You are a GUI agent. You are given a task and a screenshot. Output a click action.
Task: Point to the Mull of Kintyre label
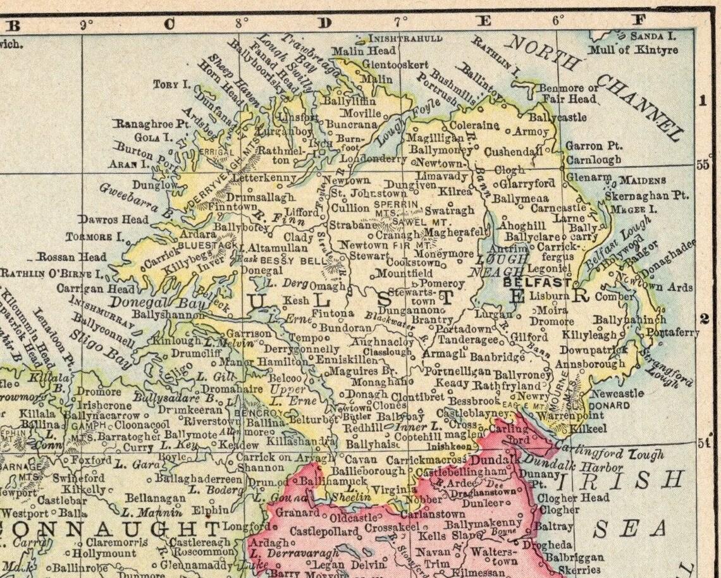pos(633,50)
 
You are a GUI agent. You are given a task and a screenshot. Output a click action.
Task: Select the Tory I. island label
pos(171,84)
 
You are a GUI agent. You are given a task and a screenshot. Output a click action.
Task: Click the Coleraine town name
pos(474,125)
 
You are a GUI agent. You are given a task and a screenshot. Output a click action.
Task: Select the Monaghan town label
pos(370,382)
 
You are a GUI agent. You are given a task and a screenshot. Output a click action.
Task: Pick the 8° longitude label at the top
pos(242,23)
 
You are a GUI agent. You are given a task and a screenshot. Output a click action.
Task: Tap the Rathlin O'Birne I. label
pos(52,274)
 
